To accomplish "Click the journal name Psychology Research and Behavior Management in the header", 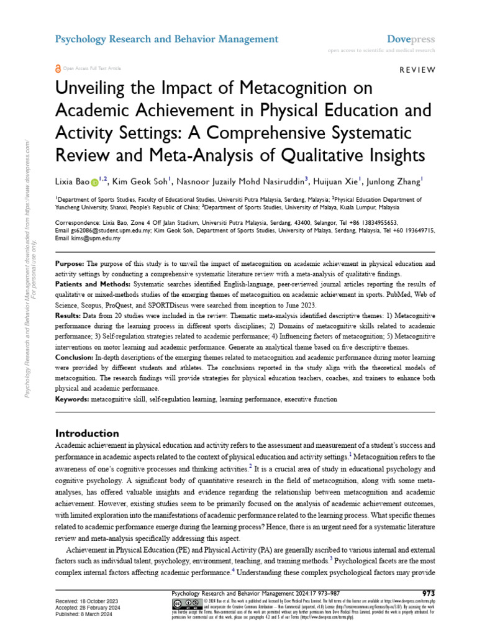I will [167, 39].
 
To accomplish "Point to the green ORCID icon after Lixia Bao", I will [94, 182].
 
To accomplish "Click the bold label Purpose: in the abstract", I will [70, 264].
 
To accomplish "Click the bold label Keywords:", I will [72, 399].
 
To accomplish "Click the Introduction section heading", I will [87, 433].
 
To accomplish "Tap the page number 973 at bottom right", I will [428, 593].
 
